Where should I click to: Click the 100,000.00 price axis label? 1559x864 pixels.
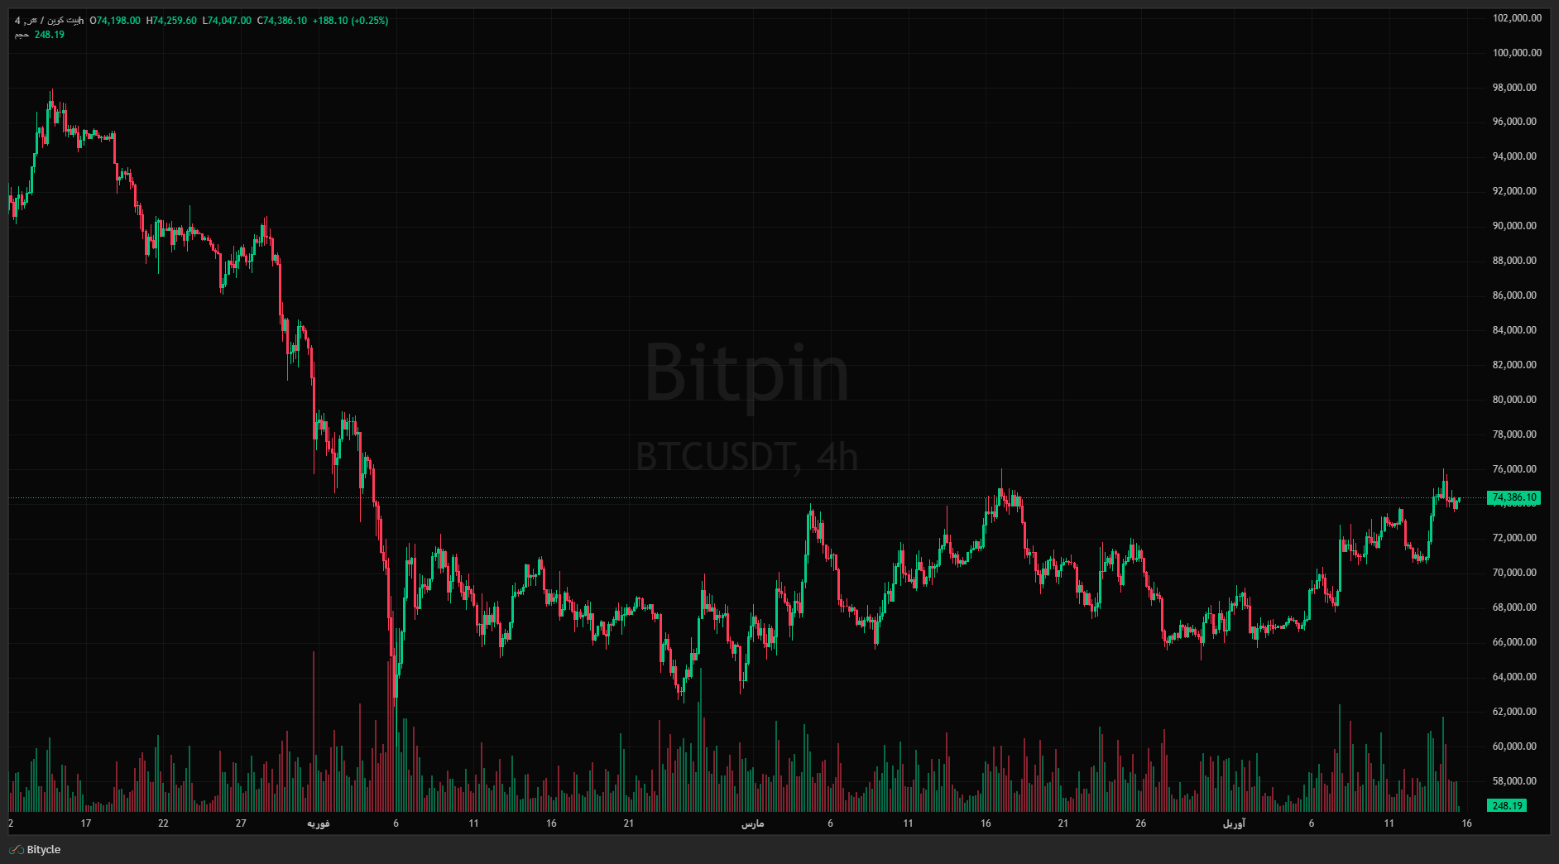tap(1517, 53)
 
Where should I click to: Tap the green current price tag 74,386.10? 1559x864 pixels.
tap(1513, 497)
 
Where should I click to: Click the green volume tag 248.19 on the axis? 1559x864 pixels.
tap(1506, 805)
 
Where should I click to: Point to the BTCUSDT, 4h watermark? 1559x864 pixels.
tap(746, 457)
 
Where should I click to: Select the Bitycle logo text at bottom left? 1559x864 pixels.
tap(43, 850)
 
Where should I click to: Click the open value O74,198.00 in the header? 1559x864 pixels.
tap(115, 21)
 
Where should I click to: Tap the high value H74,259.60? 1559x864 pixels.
tap(171, 21)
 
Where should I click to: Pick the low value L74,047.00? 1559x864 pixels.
tap(227, 21)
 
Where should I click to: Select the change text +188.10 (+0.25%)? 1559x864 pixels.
tap(350, 21)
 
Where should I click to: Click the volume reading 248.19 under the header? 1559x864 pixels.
tap(50, 35)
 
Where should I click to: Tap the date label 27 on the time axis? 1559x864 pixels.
tap(241, 823)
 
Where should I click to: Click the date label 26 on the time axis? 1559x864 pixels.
tap(1140, 823)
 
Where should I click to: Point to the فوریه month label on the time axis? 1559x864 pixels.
tap(319, 823)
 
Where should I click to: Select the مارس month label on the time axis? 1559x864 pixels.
tap(752, 823)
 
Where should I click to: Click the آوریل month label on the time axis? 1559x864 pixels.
tap(1234, 823)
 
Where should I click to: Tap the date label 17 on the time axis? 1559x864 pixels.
tap(86, 823)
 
